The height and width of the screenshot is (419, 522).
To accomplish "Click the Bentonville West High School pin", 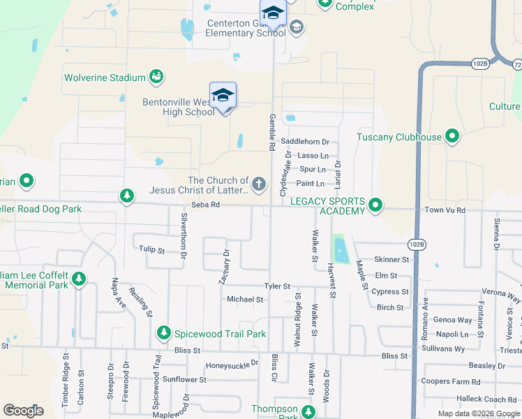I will coord(223,96).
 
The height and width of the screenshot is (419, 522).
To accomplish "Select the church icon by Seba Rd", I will coord(258,184).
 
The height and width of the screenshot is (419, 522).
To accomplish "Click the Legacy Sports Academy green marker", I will coord(375,205).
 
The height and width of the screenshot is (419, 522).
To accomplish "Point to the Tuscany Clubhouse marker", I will coord(452,137).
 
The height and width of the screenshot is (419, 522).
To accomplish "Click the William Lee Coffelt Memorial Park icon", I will coord(79,279).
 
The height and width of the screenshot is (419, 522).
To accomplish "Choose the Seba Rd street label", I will coord(206,205).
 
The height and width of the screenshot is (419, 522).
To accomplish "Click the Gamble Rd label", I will coord(271,133).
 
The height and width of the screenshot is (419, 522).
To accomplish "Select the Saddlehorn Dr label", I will coord(304,142).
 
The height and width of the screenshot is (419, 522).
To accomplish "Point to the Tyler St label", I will coord(276,286).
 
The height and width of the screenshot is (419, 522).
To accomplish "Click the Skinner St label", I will coord(391,259).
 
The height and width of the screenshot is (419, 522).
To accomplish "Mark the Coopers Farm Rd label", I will coord(451,381).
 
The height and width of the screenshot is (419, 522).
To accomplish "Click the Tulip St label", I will coord(151,249).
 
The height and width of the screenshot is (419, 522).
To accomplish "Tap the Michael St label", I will coord(245,299).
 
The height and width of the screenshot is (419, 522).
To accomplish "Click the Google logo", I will coord(24,411).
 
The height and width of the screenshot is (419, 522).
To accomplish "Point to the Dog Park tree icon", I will coord(127,195).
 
